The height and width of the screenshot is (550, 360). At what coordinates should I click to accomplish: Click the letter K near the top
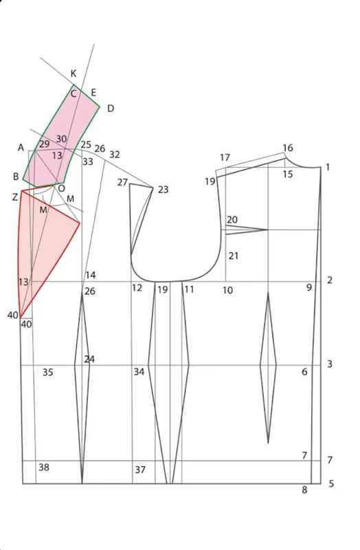[x=74, y=74]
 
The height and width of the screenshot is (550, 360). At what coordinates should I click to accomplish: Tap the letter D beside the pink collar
[x=111, y=109]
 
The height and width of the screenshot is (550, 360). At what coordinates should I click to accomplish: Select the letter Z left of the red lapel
[x=14, y=197]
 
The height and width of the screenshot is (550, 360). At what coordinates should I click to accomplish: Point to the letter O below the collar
[x=61, y=188]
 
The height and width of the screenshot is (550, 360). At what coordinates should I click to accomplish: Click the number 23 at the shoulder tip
[x=163, y=190]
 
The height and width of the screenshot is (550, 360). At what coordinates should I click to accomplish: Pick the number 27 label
[x=122, y=182]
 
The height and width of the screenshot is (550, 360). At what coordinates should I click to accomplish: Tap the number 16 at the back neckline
[x=288, y=148]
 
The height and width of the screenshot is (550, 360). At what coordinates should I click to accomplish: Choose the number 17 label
[x=225, y=157]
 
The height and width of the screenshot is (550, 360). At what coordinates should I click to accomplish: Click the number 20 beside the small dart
[x=232, y=219]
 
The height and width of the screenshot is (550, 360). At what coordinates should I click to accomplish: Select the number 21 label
[x=234, y=256]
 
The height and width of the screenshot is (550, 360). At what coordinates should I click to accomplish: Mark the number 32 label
[x=115, y=154]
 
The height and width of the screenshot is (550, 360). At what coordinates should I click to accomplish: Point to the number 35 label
[x=48, y=372]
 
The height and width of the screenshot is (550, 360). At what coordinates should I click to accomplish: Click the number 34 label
[x=139, y=371]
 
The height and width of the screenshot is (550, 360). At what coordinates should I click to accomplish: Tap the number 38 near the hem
[x=44, y=467]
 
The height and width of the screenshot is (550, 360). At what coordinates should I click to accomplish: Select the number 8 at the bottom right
[x=304, y=489]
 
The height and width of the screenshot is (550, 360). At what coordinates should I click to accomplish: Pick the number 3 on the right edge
[x=330, y=364]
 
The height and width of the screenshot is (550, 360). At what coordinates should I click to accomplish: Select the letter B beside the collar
[x=16, y=177]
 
